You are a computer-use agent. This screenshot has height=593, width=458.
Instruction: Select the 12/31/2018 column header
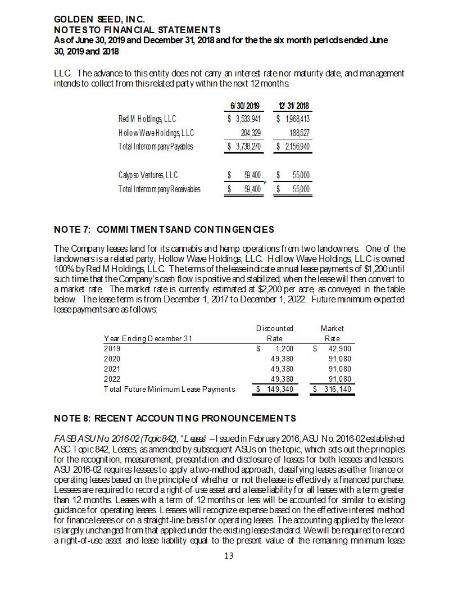click(x=293, y=106)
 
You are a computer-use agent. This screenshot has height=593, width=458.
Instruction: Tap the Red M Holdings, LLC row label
click(x=147, y=119)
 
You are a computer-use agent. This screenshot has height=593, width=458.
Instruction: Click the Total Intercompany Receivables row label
click(x=159, y=189)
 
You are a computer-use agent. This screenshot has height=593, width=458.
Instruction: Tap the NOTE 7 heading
click(x=164, y=229)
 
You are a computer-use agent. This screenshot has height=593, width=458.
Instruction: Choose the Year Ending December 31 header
click(x=148, y=338)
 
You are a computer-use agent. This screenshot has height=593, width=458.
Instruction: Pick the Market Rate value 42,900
click(x=339, y=348)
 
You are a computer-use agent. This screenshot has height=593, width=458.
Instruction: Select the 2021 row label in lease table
click(x=112, y=369)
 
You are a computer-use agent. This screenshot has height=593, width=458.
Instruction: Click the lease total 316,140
click(x=336, y=389)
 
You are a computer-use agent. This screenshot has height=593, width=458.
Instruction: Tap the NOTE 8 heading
click(x=175, y=418)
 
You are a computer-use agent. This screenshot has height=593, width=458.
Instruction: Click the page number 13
click(x=229, y=556)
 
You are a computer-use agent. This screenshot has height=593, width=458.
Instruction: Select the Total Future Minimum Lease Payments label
click(x=170, y=389)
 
